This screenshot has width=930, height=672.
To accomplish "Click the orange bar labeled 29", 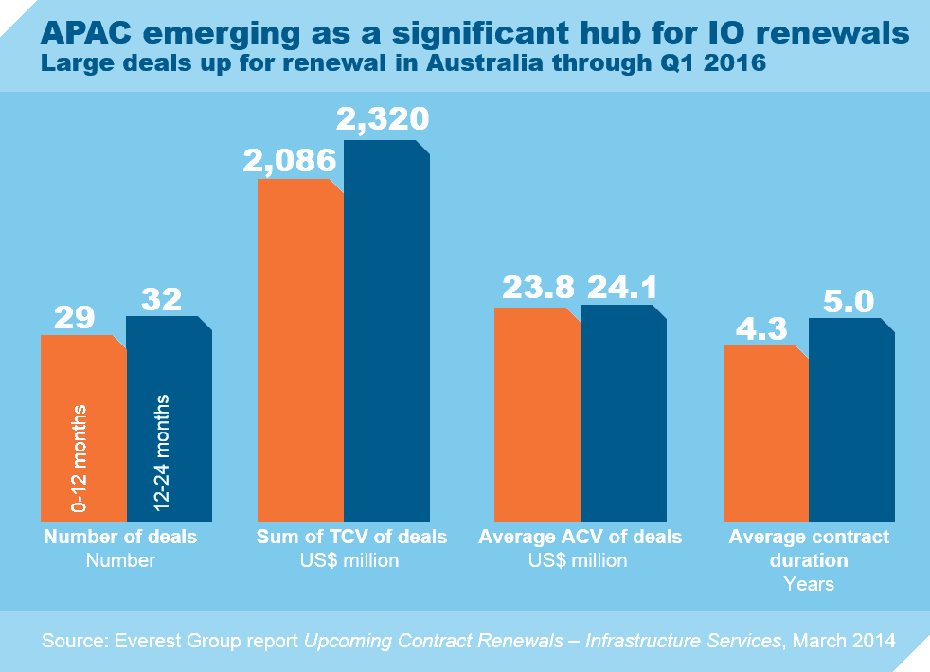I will click(82, 426).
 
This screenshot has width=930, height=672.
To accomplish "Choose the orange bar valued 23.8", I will click(537, 413).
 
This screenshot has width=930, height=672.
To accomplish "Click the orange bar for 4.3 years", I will click(765, 433).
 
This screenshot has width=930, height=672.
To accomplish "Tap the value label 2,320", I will click(383, 118).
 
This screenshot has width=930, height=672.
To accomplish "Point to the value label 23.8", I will click(536, 288).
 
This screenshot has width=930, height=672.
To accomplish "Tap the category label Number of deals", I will click(121, 537).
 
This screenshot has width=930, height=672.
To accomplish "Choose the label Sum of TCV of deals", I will click(352, 537).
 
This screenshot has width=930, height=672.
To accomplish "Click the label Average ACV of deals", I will click(581, 537).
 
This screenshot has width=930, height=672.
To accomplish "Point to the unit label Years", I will click(809, 584).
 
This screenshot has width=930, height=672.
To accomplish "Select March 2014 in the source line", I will click(843, 642).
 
